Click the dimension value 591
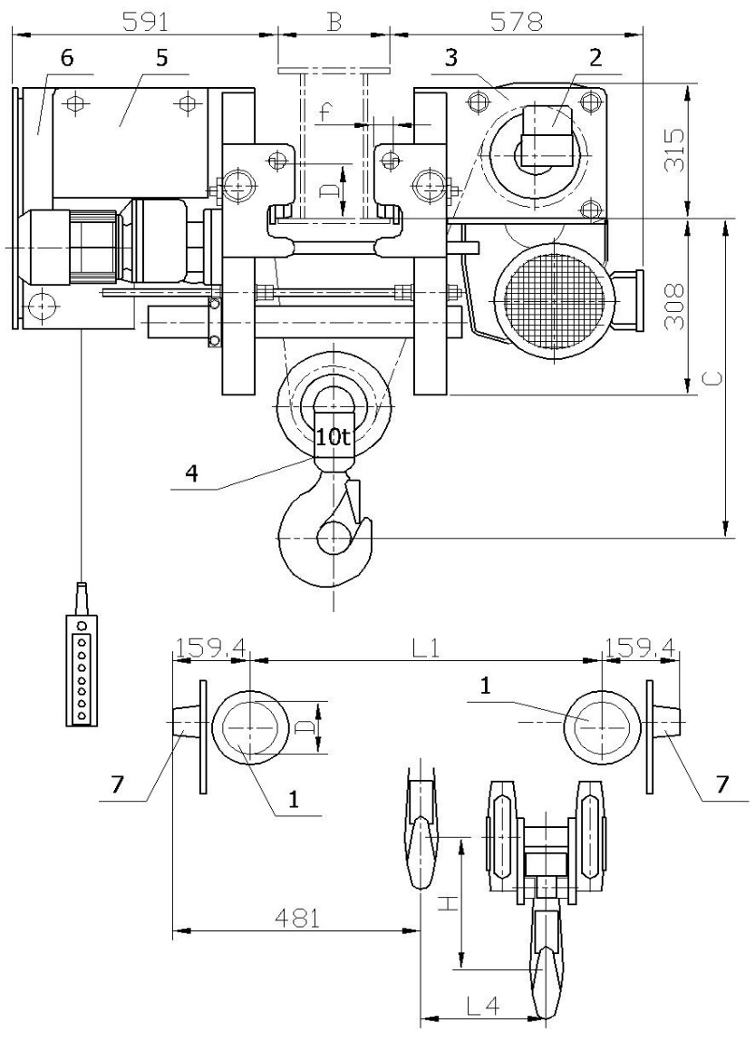(147, 22)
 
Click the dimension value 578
(516, 22)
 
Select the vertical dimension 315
(674, 151)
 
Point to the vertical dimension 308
(674, 307)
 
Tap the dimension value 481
(296, 919)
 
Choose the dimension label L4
(483, 1006)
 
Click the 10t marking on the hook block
(334, 436)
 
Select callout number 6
(66, 57)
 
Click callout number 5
(161, 57)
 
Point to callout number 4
(192, 473)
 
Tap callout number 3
(450, 58)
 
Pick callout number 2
(595, 58)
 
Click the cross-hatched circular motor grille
(553, 300)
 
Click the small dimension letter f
(324, 113)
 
